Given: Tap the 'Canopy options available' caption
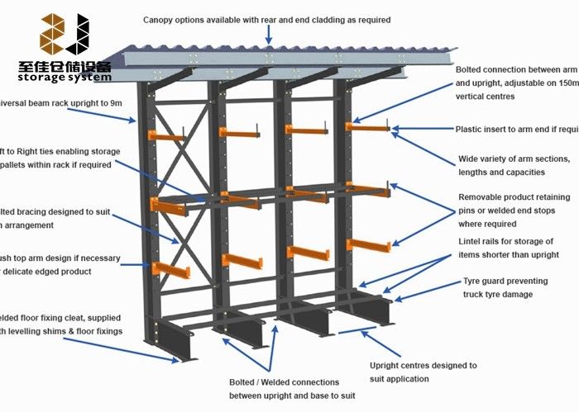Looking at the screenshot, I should click(266, 19).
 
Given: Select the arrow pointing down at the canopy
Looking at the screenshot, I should click(268, 34).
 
